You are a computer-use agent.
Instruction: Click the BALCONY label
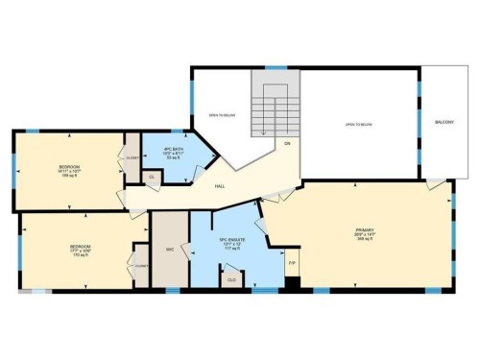[x=444, y=123]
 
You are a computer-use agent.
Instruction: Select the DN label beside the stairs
[x=286, y=144]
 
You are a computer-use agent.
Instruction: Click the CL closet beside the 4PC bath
[x=151, y=177]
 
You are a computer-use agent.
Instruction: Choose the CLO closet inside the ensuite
[x=231, y=279]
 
